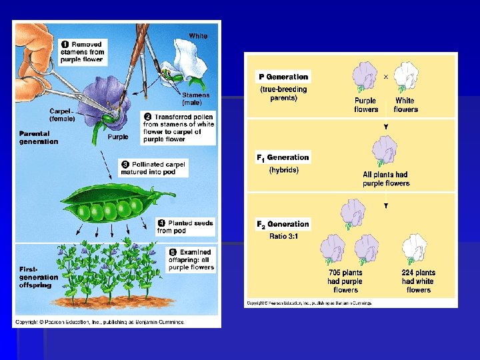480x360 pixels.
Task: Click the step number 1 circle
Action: pyautogui.click(x=65, y=44)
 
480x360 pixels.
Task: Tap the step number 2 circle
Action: pyautogui.click(x=148, y=116)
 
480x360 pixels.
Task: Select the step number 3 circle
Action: pyautogui.click(x=125, y=163)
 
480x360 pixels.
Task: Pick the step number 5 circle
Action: pyautogui.click(x=172, y=253)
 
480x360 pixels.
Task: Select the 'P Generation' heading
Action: pyautogui.click(x=283, y=77)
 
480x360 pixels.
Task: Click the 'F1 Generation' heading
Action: pyautogui.click(x=283, y=157)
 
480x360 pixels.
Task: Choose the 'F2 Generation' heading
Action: pyautogui.click(x=283, y=224)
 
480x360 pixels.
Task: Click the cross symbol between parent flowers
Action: pyautogui.click(x=386, y=77)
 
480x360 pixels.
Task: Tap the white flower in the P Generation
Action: pyautogui.click(x=405, y=77)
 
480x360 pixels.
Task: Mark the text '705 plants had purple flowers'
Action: pyautogui.click(x=345, y=281)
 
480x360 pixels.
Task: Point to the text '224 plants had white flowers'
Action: pyautogui.click(x=418, y=281)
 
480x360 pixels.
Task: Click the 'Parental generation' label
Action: pyautogui.click(x=39, y=137)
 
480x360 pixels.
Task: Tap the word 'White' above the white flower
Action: pyautogui.click(x=198, y=35)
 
